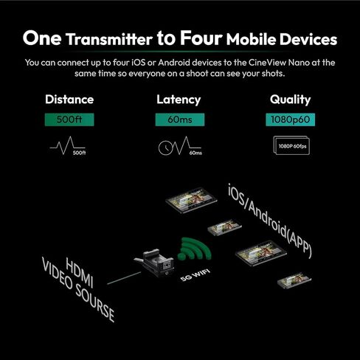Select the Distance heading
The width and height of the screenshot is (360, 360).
click(x=69, y=100)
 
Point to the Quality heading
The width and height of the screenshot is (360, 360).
click(x=290, y=100)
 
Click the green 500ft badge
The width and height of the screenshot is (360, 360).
click(x=69, y=118)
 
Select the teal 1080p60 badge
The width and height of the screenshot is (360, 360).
click(x=290, y=118)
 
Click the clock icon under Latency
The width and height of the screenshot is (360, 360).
click(x=169, y=147)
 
